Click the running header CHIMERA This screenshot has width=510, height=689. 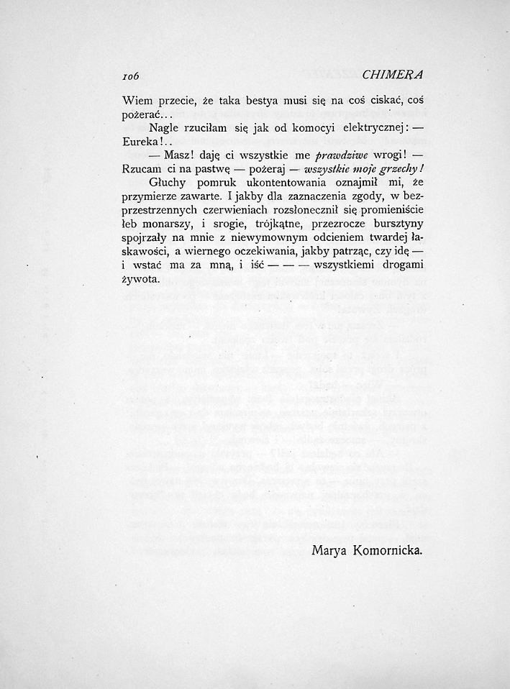[393, 74]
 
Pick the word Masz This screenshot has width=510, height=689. [176, 157]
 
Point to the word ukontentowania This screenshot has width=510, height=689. [268, 183]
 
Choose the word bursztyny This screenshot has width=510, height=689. [395, 224]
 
